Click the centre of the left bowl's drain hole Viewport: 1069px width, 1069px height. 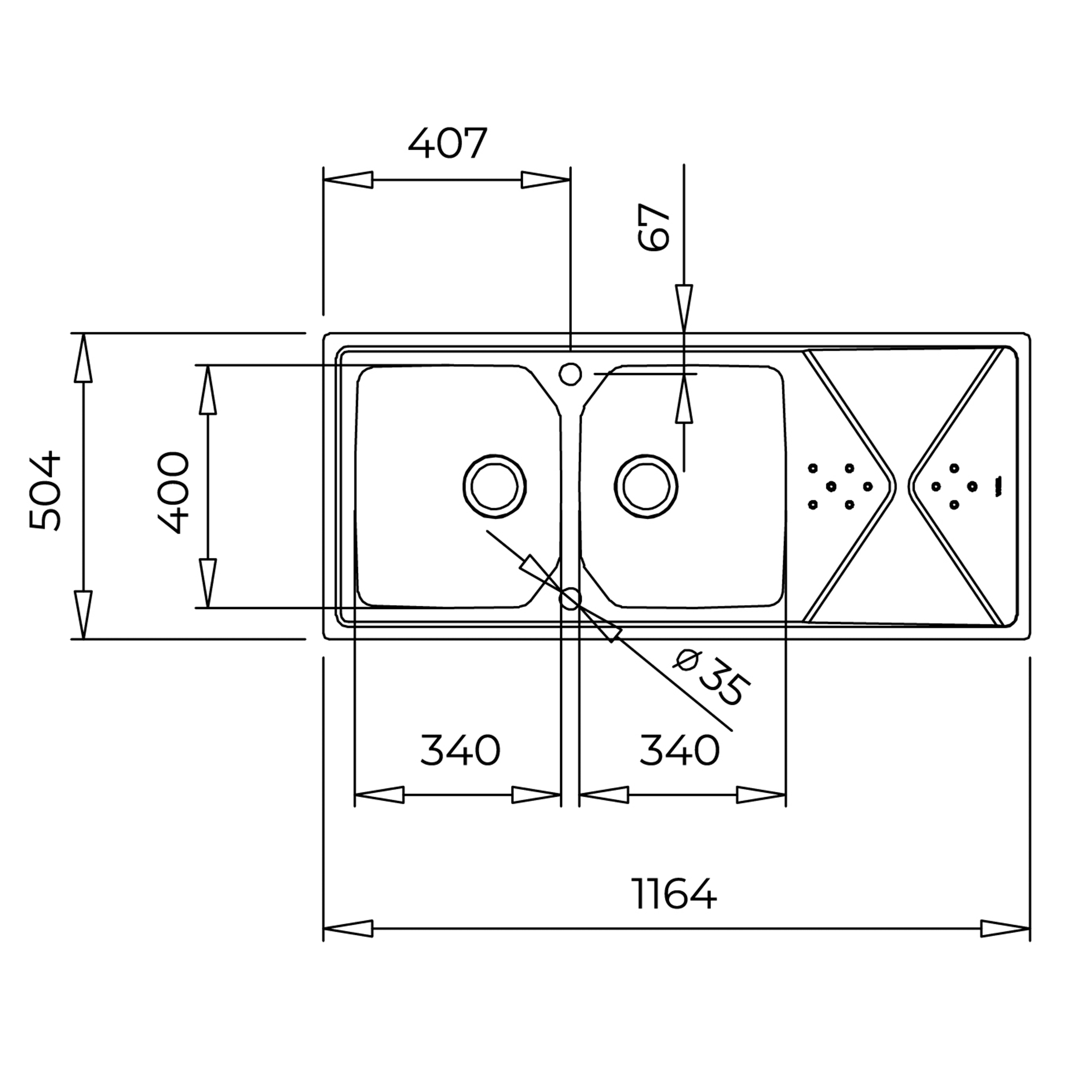pos(494,486)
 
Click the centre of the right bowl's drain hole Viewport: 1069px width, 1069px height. pos(646,486)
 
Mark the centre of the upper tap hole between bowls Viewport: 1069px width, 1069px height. pos(570,374)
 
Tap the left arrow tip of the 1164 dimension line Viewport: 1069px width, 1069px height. pos(323,928)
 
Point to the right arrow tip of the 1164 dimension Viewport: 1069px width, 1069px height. pos(1029,928)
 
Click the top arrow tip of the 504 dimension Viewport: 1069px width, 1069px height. pos(83,334)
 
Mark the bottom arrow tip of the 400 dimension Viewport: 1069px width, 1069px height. pos(208,608)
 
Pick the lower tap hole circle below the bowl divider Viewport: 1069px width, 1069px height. pos(570,599)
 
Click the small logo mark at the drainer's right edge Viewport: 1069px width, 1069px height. pos(998,486)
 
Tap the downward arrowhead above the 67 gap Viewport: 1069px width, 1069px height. pos(684,309)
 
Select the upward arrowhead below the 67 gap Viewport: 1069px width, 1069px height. pos(684,398)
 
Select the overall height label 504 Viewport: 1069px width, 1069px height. pos(45,491)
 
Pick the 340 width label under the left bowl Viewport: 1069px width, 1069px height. pos(460,750)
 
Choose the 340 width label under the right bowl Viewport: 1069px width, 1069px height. pos(679,750)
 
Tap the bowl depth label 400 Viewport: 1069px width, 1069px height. pos(174,493)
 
